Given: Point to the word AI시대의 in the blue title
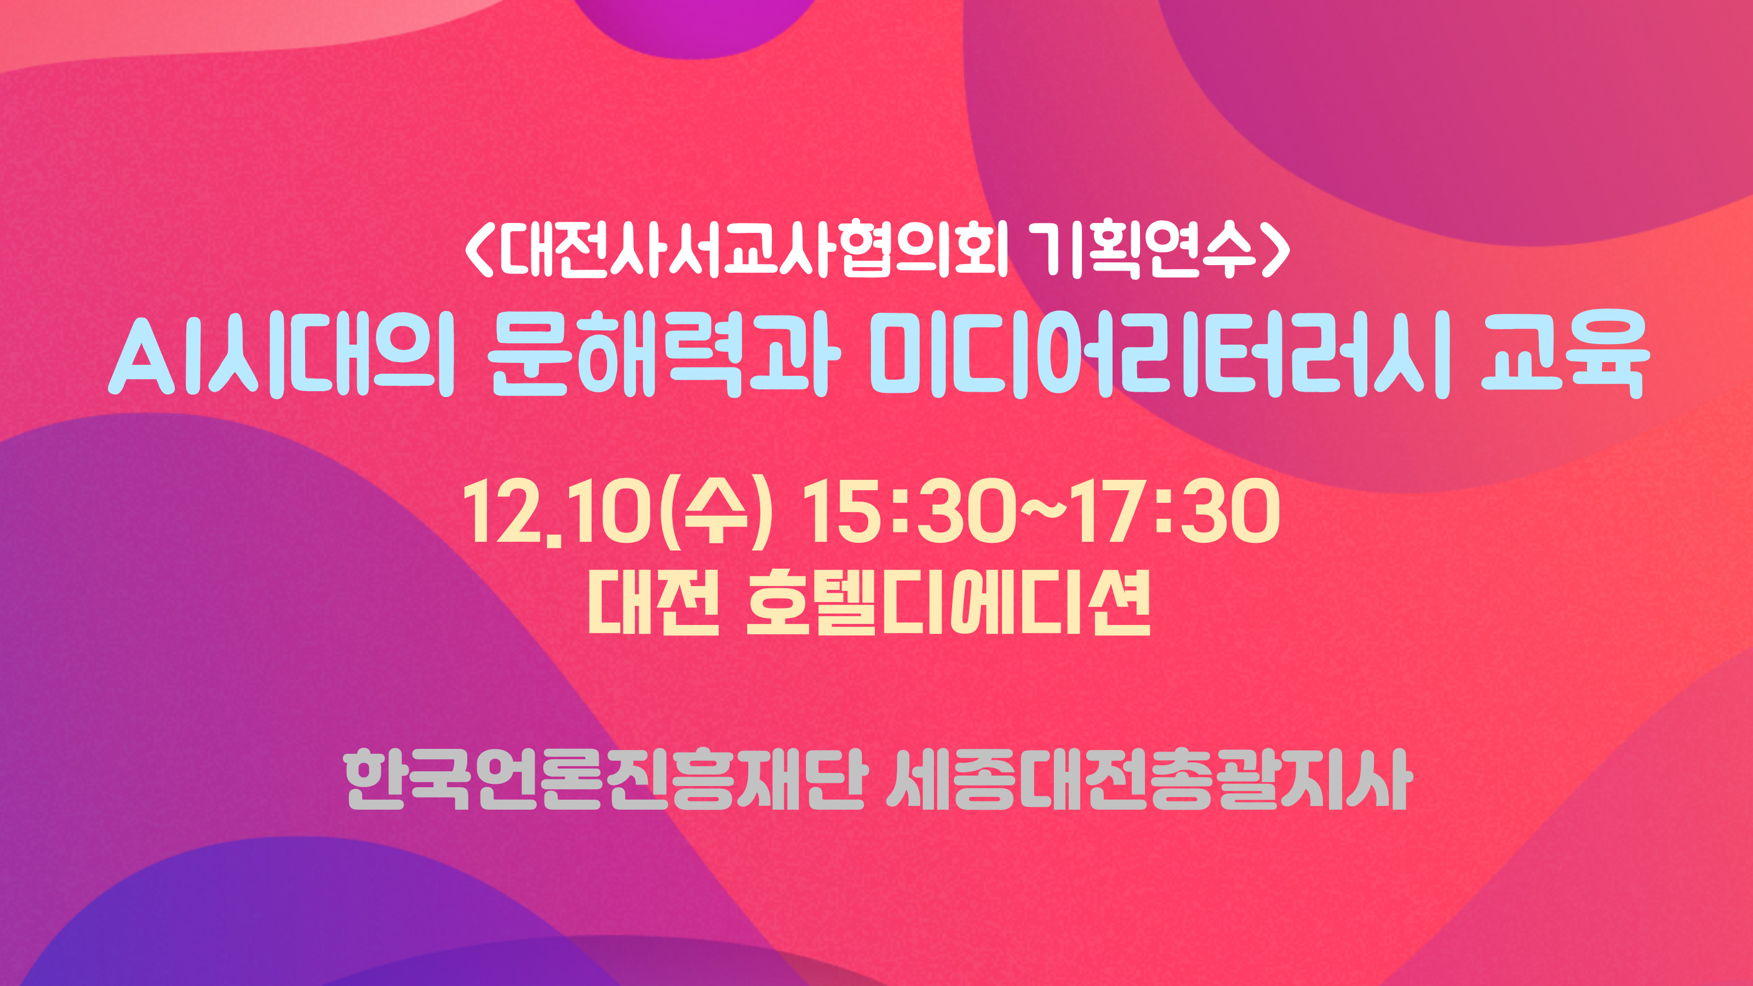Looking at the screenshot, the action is click(x=281, y=354).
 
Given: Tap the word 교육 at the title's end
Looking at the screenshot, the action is click(x=1565, y=354).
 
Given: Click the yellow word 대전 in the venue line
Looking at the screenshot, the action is click(x=654, y=601).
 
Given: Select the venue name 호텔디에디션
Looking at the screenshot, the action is click(x=949, y=601).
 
